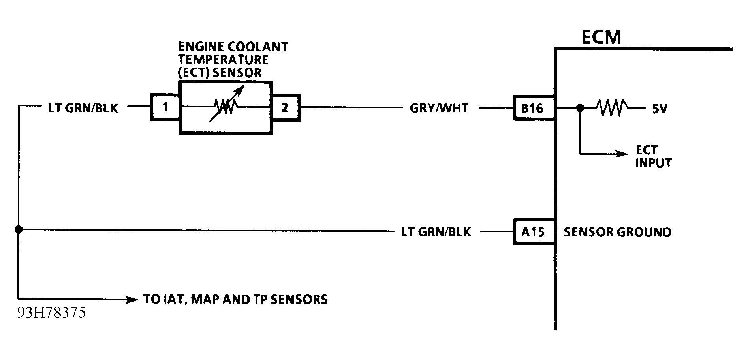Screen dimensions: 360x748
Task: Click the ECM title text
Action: coord(601,37)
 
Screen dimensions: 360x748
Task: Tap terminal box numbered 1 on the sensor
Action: coord(165,107)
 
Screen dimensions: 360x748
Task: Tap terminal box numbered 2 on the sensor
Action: coord(285,107)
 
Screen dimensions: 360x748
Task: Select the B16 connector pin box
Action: coord(532,108)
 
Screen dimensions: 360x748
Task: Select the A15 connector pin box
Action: coord(533,232)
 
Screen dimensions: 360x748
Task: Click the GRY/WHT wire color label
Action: coord(439,108)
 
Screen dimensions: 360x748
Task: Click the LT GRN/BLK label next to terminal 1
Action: coord(83,108)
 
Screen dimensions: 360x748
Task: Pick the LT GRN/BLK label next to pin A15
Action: coord(436,232)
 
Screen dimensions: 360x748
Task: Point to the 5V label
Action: coord(659,109)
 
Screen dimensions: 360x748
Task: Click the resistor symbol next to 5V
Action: coord(611,107)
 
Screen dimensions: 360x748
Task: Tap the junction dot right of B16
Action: coord(580,107)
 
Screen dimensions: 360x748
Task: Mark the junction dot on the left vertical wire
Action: coord(18,229)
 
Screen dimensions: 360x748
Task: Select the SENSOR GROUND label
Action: coord(617,232)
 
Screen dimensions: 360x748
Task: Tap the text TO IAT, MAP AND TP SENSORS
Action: coord(235,299)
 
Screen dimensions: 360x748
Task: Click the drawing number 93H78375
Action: coord(51,313)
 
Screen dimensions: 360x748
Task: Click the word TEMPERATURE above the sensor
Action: coord(223,60)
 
